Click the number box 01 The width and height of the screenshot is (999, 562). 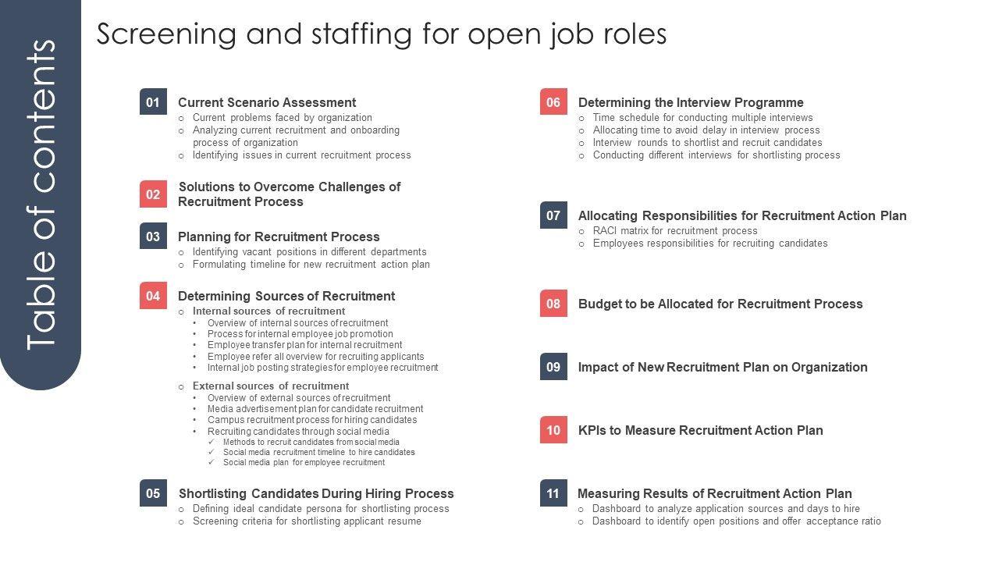pyautogui.click(x=153, y=102)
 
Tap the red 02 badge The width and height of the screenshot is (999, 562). pyautogui.click(x=153, y=194)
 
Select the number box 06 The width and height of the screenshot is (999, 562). pyautogui.click(x=553, y=102)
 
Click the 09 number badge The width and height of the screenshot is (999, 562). pyautogui.click(x=553, y=367)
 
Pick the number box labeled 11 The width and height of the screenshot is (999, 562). pyautogui.click(x=553, y=493)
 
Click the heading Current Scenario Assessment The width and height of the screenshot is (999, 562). pyautogui.click(x=267, y=102)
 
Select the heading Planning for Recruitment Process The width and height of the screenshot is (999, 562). pyautogui.click(x=279, y=237)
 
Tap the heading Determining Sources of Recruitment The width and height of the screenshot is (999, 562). pyautogui.click(x=286, y=296)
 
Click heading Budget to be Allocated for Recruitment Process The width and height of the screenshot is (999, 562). pyautogui.click(x=720, y=304)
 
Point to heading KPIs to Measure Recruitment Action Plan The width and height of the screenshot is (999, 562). pyautogui.click(x=700, y=430)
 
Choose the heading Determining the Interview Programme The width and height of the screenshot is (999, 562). pyautogui.click(x=691, y=102)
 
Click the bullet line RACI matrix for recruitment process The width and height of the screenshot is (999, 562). pyautogui.click(x=675, y=231)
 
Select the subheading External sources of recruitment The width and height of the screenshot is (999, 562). pyautogui.click(x=271, y=386)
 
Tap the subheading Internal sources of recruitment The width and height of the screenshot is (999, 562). pyautogui.click(x=268, y=311)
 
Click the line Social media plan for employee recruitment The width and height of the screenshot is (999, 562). pyautogui.click(x=304, y=462)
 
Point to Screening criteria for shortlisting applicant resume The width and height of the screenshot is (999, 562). pyautogui.click(x=307, y=521)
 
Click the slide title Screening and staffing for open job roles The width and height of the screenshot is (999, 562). pyautogui.click(x=382, y=34)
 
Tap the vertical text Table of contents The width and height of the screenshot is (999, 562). pyautogui.click(x=41, y=195)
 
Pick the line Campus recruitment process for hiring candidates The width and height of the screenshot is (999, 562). pyautogui.click(x=312, y=420)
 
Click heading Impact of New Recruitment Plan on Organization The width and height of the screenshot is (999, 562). pyautogui.click(x=723, y=367)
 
